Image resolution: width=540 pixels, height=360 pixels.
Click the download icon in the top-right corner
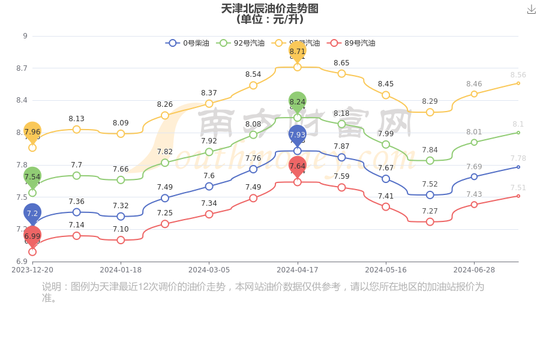tap(531, 10)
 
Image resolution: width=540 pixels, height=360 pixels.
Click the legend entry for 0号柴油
tap(188, 43)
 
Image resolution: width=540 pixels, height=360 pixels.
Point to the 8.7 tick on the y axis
tap(22, 68)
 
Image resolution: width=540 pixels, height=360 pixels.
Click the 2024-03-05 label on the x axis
tap(209, 270)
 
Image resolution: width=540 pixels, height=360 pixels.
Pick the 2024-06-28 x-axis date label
tap(474, 270)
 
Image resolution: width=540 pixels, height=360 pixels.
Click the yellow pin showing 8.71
tap(298, 52)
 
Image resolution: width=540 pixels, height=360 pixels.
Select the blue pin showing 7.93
tap(298, 135)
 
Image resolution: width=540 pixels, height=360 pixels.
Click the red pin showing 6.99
tap(32, 236)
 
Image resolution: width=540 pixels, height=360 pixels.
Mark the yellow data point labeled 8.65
tap(341, 73)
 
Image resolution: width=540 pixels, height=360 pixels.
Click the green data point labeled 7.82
tap(165, 163)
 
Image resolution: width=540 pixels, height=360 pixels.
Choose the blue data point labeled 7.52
tap(430, 195)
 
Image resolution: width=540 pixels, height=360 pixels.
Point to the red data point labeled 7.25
tap(165, 224)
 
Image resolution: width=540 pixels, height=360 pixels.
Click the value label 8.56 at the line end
tap(518, 75)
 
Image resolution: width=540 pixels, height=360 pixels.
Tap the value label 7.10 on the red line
tap(121, 229)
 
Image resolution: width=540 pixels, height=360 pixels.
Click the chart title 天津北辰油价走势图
tap(269, 8)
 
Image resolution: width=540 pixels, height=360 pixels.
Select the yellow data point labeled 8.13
tap(77, 130)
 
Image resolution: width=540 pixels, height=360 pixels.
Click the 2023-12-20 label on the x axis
tap(32, 270)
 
